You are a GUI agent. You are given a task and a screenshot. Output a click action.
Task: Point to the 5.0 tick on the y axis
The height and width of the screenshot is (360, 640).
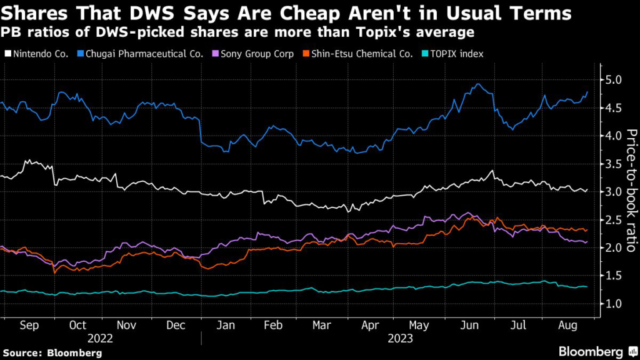[x=611, y=80]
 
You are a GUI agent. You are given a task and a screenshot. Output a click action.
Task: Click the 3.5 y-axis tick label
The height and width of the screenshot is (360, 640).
[x=611, y=164]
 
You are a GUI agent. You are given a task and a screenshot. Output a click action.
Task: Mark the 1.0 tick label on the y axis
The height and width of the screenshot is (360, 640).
[x=611, y=303]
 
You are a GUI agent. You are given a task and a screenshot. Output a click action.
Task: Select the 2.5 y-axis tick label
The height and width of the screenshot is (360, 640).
[x=611, y=219]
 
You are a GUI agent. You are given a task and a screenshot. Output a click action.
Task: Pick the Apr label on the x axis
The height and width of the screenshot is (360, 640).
[x=371, y=326]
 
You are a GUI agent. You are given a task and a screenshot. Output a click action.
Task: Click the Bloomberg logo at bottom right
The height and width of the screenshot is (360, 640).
[x=594, y=351]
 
